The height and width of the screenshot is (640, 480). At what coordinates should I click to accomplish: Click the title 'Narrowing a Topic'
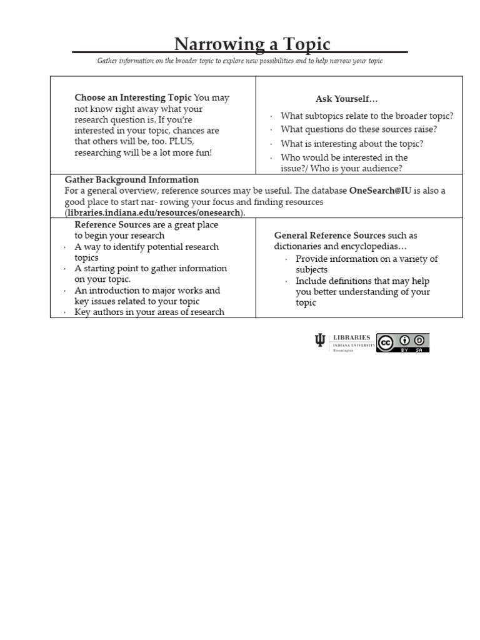pos(252,44)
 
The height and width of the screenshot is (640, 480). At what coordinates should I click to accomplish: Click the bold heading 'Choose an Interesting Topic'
pos(133,97)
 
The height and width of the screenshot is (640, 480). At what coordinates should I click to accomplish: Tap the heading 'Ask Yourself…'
pos(346,99)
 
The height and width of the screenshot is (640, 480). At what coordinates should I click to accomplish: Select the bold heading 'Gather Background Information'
pos(132,180)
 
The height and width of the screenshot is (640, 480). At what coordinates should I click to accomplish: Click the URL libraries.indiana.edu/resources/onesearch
pos(154,213)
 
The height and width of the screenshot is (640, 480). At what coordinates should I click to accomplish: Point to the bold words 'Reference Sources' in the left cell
pos(112,224)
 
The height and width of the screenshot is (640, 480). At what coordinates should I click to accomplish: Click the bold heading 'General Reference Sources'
pos(330,236)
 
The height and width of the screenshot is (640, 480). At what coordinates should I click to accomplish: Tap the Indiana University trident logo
pos(320,341)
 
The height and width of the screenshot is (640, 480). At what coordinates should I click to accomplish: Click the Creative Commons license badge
pos(402,342)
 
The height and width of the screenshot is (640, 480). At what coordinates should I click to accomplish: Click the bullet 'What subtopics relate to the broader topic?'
pos(367,116)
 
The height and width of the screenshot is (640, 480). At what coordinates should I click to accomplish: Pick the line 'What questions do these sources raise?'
pos(359,129)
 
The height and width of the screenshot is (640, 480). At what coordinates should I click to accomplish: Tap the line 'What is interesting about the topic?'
pos(352,144)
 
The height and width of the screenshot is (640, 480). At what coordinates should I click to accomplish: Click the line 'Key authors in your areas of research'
pos(149,312)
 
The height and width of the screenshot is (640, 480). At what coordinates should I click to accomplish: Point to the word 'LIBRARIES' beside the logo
pos(351,337)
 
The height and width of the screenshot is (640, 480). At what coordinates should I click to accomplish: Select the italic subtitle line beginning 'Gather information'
pos(239,61)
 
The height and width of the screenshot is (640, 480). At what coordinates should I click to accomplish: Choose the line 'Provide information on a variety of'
pos(366,259)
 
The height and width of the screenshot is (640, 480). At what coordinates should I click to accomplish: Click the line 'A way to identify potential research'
pos(146,247)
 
